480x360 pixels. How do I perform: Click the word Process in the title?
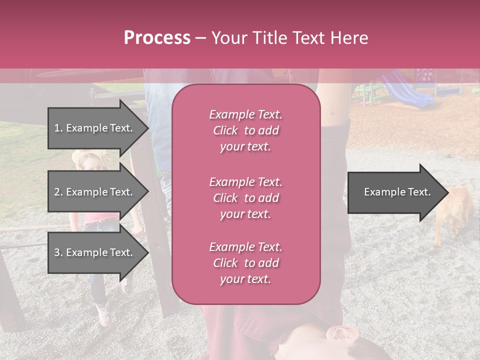(x=157, y=38)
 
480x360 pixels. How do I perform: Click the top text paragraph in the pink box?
(x=245, y=130)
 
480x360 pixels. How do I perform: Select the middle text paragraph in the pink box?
(x=245, y=198)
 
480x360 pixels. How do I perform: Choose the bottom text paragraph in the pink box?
(x=245, y=263)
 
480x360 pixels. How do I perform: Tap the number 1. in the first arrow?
(x=58, y=128)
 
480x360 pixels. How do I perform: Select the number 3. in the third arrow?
(x=58, y=252)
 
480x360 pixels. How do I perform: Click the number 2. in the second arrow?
(x=58, y=192)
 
